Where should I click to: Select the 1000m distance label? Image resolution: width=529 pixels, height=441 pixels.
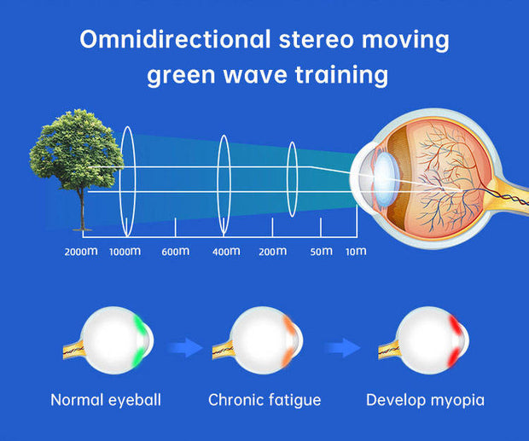point(125,252)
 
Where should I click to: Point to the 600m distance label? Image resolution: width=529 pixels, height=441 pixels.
point(175,252)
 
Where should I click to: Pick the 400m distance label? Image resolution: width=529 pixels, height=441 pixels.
point(225,252)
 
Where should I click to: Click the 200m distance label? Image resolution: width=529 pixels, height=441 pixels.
point(272,252)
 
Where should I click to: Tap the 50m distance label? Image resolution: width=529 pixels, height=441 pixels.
point(321,252)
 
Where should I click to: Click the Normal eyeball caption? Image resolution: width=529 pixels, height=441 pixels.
point(105,399)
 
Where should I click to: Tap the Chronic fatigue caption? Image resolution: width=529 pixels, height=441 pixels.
point(264,399)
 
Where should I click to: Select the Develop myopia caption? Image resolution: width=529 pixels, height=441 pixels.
point(426,399)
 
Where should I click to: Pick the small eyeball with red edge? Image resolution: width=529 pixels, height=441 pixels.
point(432,339)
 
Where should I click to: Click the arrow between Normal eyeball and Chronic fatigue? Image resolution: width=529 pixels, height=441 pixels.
point(184,346)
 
